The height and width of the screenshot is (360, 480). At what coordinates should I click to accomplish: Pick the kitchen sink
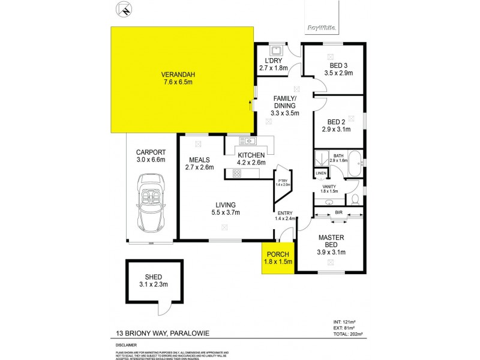[x=247, y=141]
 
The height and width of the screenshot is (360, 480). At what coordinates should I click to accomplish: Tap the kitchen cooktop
[x=237, y=174]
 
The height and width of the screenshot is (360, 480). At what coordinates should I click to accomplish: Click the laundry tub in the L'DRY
[x=277, y=51]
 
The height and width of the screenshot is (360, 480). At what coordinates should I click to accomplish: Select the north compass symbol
[x=124, y=9]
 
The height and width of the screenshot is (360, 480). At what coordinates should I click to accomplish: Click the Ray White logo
[x=321, y=28]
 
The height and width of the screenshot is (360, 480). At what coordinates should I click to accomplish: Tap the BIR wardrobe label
[x=338, y=212]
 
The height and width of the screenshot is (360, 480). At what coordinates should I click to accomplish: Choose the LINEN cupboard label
[x=321, y=173]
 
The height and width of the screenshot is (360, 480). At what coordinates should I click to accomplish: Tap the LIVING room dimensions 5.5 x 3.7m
[x=225, y=212]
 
